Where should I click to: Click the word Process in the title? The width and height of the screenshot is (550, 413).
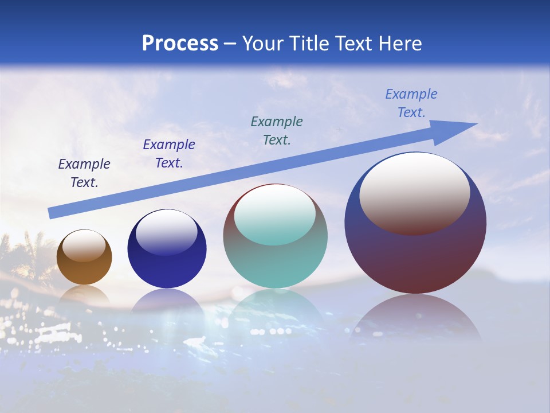180,44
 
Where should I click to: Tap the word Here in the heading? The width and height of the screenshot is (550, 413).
399,44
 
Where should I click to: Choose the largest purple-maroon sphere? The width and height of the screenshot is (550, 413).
415,258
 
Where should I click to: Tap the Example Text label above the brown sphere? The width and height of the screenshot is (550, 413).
84,173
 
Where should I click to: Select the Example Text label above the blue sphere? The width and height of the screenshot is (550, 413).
169,153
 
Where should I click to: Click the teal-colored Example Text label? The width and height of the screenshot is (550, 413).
277,130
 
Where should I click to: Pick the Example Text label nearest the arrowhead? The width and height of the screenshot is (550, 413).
411,103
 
